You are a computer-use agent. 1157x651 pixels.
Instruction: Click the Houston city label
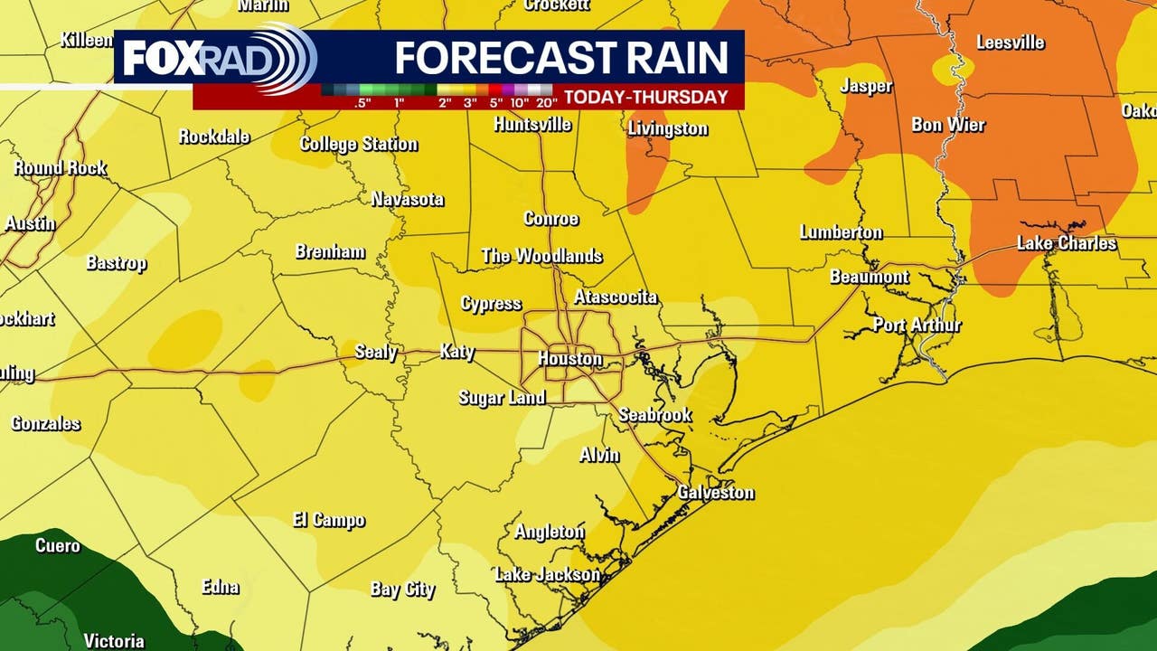[x=569, y=359]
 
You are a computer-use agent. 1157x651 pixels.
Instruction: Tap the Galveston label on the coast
[x=716, y=493]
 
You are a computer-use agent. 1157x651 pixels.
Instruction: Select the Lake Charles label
[x=1067, y=243]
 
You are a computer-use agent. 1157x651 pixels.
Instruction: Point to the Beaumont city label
[x=870, y=277]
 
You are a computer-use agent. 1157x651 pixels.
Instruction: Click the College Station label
[x=359, y=144]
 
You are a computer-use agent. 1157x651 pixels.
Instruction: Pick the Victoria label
[x=114, y=640]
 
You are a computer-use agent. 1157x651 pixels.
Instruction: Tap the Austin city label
[x=30, y=223]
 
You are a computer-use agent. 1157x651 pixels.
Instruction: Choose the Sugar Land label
[x=502, y=398]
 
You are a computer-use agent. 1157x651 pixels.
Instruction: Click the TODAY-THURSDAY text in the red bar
[x=646, y=98]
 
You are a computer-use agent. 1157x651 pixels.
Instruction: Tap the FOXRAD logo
[x=217, y=58]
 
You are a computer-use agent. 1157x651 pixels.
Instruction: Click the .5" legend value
[x=363, y=102]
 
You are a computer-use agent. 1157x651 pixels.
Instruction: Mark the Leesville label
[x=1010, y=42]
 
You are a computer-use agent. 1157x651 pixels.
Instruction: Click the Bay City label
[x=402, y=590]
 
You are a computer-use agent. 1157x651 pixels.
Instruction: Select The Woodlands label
[x=541, y=256]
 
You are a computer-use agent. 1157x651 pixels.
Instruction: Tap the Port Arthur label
[x=917, y=325]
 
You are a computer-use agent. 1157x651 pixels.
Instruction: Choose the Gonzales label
[x=45, y=423]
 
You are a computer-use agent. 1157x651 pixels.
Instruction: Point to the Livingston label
[x=668, y=128]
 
